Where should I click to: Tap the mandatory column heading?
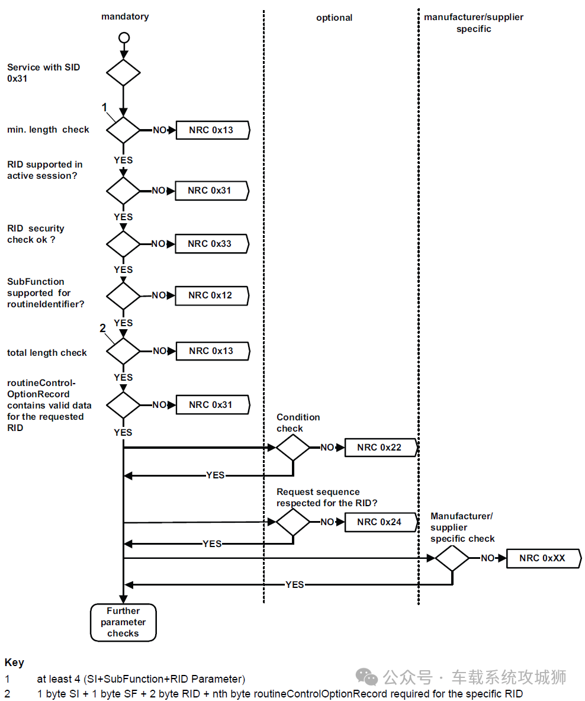125,17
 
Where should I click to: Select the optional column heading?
334,18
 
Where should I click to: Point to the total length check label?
47,353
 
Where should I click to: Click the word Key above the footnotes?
14,663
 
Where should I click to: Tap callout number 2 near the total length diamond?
103,329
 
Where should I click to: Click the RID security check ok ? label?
36,234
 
